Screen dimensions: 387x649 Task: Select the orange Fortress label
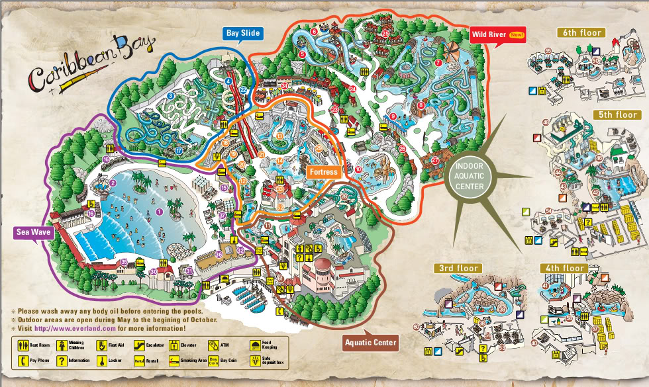[x=323, y=172]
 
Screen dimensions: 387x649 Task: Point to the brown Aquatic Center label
[x=371, y=342]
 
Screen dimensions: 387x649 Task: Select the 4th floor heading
[x=565, y=268]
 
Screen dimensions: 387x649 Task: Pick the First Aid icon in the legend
[x=101, y=345]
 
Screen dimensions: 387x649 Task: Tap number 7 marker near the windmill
[x=439, y=64]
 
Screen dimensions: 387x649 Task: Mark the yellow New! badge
[x=517, y=34]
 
